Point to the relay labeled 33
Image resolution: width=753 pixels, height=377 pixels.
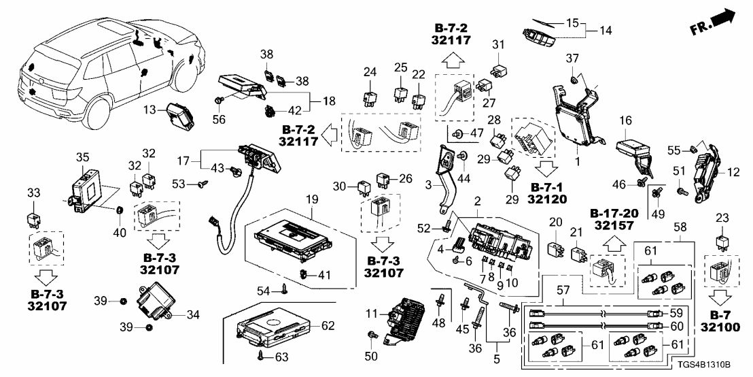coord(33,219)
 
